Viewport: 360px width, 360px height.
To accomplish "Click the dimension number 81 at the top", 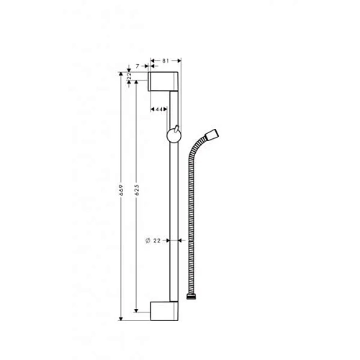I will point(165,62).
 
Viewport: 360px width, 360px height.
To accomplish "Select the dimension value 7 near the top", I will point(138,66).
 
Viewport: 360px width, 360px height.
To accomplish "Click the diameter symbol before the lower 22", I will point(147,240).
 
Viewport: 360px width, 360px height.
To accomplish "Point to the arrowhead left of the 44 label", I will point(155,109).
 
